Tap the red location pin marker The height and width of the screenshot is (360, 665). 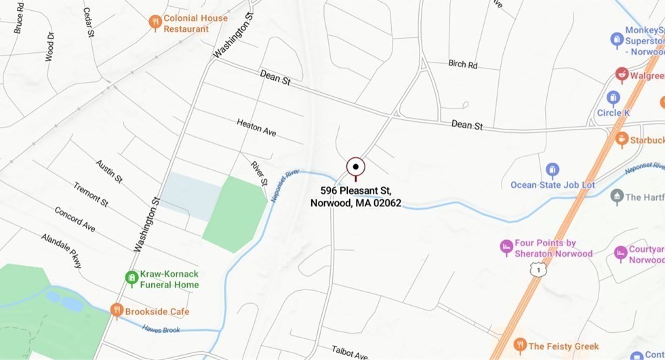click(356, 166)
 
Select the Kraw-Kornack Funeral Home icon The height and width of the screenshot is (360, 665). click(132, 277)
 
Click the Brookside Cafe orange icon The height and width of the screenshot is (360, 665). click(117, 311)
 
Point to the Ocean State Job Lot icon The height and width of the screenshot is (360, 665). click(552, 169)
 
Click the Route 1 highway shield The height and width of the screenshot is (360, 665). click(536, 270)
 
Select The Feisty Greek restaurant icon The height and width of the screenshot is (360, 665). click(520, 345)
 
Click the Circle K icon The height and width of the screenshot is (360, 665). click(613, 98)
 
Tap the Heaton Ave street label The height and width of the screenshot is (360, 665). click(256, 127)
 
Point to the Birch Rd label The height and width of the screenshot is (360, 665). click(462, 64)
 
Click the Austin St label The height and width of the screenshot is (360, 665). click(108, 172)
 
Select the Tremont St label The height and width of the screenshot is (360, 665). click(90, 194)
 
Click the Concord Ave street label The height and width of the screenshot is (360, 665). click(75, 218)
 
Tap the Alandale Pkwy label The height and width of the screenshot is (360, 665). click(61, 250)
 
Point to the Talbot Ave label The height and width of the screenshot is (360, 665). click(350, 354)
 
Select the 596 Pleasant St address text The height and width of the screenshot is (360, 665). click(356, 196)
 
